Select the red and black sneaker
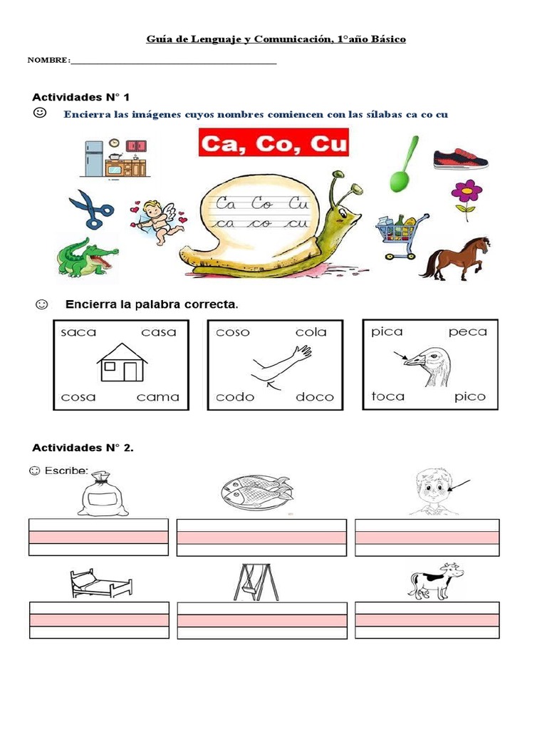(461, 158)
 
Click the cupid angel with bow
(157, 220)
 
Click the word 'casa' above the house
(159, 332)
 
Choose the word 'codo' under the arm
(235, 397)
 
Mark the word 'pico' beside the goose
(469, 396)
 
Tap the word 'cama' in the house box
(158, 397)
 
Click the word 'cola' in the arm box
(311, 332)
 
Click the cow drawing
(435, 580)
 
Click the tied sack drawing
(103, 494)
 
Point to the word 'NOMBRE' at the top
(48, 60)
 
